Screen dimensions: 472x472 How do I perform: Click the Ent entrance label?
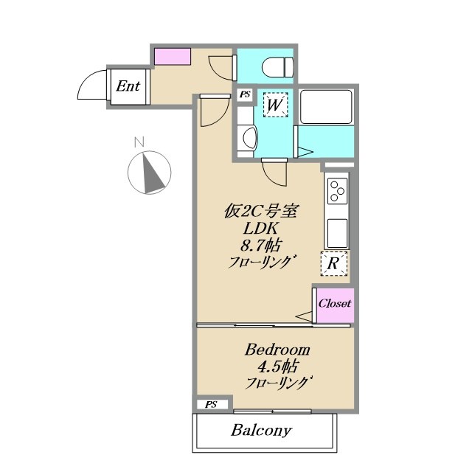(128, 86)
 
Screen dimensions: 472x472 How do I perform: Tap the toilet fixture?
(278, 67)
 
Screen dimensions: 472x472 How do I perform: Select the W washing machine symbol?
(275, 105)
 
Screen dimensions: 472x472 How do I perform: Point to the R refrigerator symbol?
(333, 264)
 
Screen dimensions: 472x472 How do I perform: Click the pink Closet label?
(335, 303)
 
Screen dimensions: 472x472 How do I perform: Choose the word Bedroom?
(277, 350)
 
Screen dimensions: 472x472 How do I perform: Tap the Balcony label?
(261, 431)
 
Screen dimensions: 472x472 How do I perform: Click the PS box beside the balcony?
(212, 405)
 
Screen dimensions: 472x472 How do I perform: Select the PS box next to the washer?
(245, 95)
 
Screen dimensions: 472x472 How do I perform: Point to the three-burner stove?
(337, 191)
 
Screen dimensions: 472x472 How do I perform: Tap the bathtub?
(326, 106)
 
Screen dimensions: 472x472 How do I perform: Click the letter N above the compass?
(139, 142)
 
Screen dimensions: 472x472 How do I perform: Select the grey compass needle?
(153, 174)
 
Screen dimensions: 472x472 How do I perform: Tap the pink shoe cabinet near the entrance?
(173, 56)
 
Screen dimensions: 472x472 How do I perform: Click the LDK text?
(260, 229)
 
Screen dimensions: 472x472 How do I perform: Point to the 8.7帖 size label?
(260, 246)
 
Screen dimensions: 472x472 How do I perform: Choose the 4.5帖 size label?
(277, 367)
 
